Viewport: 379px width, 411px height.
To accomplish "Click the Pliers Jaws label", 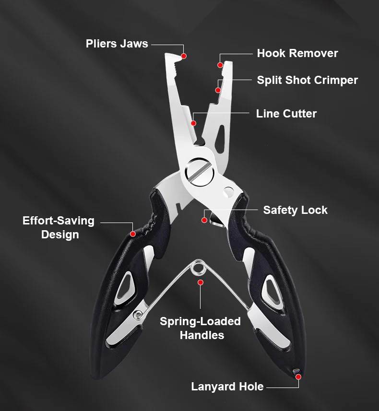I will click(x=117, y=44).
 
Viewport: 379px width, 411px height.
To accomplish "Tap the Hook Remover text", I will click(x=297, y=53).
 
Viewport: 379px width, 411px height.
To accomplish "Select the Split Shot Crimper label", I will click(x=307, y=80).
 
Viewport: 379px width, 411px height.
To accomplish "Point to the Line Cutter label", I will click(x=286, y=114).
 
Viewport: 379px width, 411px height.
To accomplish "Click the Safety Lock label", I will click(x=295, y=210).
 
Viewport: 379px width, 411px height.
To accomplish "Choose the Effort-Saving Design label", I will click(x=59, y=228).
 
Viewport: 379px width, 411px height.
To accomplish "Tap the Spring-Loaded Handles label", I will click(x=201, y=328).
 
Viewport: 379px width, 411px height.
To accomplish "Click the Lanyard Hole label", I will click(x=227, y=386).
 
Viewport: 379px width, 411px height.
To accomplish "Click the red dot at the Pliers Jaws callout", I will click(x=184, y=56).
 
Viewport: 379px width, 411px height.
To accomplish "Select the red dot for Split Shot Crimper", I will click(x=218, y=90).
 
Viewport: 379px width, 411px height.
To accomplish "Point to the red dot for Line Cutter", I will click(x=193, y=123).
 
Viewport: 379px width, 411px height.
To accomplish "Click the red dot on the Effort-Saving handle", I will click(x=132, y=234).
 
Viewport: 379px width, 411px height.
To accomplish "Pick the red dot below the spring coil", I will click(x=201, y=282).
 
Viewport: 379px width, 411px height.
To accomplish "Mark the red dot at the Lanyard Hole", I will click(x=298, y=377).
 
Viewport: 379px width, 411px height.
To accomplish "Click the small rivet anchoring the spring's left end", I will click(x=138, y=314).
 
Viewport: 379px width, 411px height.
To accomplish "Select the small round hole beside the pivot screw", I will click(x=227, y=193).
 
